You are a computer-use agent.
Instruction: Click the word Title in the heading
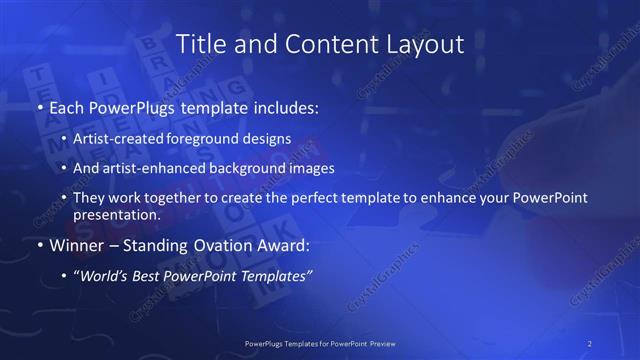coord(200,44)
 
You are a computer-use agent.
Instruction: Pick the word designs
coord(270,139)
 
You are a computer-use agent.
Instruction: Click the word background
coord(262,168)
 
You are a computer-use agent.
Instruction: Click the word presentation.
coord(117,214)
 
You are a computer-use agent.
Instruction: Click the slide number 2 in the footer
coord(591,342)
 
